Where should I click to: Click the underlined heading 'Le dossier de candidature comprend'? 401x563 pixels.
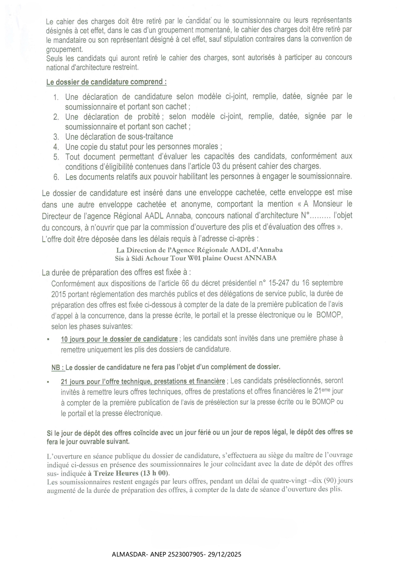[106, 82]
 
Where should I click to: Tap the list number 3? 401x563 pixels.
[56, 137]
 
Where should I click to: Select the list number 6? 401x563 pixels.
[56, 177]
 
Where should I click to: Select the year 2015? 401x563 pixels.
[58, 294]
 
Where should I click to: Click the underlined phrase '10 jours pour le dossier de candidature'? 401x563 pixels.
[119, 339]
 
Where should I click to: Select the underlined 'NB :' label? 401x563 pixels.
[58, 367]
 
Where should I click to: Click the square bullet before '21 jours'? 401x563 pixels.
[48, 382]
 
